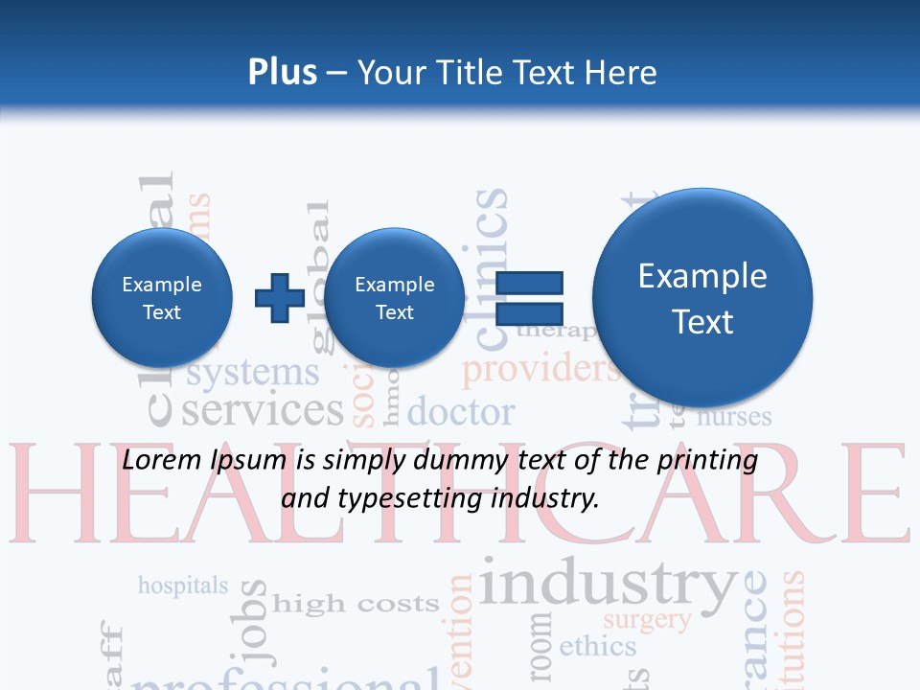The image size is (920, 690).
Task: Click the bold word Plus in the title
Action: pos(282,73)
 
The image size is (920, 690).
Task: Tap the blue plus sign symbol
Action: pos(279,297)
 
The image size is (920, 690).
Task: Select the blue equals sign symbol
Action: pos(529,297)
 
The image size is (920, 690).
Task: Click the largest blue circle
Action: pos(702,297)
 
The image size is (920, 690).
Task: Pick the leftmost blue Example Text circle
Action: pos(162,297)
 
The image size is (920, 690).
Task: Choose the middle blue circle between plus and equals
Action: pos(394,297)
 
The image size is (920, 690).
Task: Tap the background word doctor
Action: pos(461,413)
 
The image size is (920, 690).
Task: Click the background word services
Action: pos(262,410)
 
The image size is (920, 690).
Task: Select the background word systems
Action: pos(253,373)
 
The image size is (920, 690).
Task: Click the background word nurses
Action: pos(734,417)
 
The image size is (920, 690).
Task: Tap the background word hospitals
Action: pos(183,585)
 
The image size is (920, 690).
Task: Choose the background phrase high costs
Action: pos(356,604)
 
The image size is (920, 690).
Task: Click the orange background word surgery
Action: pos(647,619)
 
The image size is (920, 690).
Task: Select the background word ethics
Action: pos(597,646)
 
